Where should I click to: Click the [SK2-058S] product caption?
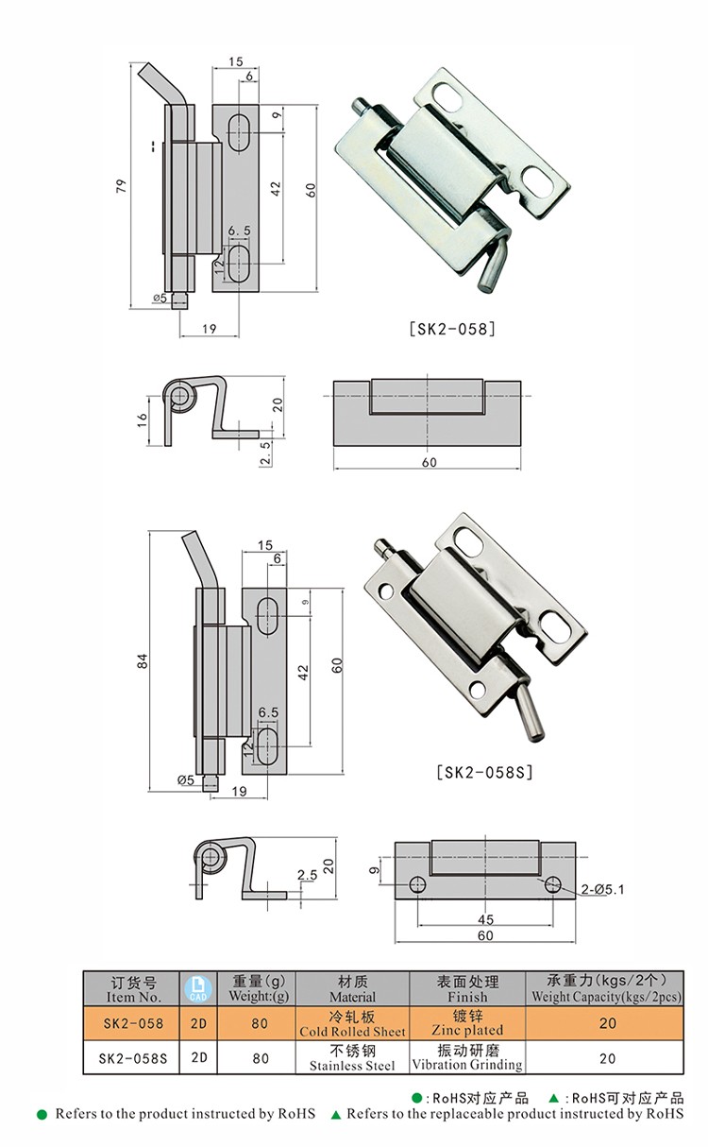(x=485, y=772)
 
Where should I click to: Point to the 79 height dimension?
(x=120, y=187)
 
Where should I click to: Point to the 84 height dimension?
(x=142, y=662)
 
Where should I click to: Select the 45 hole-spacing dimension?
(x=484, y=919)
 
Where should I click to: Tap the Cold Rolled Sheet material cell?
(x=352, y=1023)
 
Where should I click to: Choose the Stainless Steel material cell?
(x=352, y=1058)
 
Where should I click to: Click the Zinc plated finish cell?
(x=466, y=1023)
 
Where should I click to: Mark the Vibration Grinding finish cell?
(x=466, y=1058)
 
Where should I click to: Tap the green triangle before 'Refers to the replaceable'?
(x=335, y=1115)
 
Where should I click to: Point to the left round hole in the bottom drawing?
(x=416, y=885)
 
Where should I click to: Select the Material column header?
(x=352, y=988)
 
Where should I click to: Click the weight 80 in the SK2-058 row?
(x=260, y=1023)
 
